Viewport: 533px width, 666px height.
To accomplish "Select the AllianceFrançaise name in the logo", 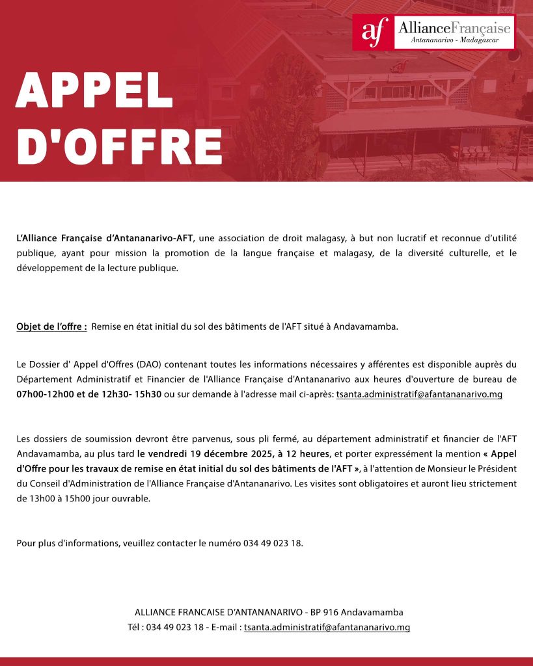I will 455,27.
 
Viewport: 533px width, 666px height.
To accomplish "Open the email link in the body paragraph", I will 419,394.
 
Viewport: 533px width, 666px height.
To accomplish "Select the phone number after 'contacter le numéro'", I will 273,543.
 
